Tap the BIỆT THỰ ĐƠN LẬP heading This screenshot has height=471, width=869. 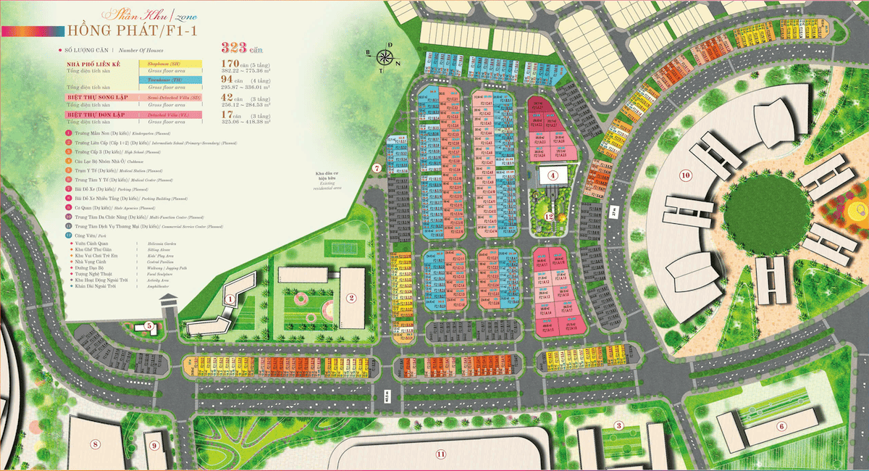(x=95, y=114)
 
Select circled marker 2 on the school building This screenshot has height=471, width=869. (x=350, y=297)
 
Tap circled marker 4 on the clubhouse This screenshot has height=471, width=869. (x=552, y=175)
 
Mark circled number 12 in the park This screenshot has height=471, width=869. (x=549, y=216)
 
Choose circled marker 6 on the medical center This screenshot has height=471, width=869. (x=781, y=425)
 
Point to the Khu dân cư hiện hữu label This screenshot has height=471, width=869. (x=323, y=180)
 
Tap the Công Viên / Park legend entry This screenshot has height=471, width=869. (x=94, y=236)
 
